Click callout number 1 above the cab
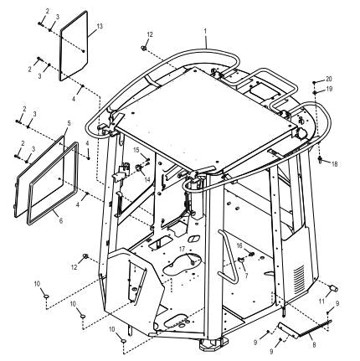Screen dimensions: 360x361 pos(205,31)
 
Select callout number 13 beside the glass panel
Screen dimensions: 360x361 pos(100,26)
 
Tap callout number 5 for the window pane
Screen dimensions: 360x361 pos(69,123)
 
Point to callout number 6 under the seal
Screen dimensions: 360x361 pos(61,220)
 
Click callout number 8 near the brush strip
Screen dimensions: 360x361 pos(314,345)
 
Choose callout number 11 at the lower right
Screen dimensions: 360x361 pos(321,302)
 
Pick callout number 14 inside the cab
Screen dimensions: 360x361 pos(147,178)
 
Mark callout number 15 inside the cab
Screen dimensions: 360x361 pos(136,150)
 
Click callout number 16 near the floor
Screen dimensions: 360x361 pos(239,245)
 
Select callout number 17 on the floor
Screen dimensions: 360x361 pos(182,248)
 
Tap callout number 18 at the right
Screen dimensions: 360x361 pos(334,164)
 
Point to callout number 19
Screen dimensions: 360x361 pos(330,89)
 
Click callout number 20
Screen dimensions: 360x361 pos(329,79)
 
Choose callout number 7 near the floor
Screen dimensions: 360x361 pos(246,276)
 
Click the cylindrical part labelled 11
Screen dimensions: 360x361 pos(334,289)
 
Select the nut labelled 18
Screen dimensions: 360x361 pos(320,159)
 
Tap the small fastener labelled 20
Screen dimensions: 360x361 pos(314,83)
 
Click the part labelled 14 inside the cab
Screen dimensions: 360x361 pos(138,168)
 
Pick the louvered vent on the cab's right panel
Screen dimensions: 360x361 pos(299,279)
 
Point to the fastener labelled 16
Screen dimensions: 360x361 pos(251,254)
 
